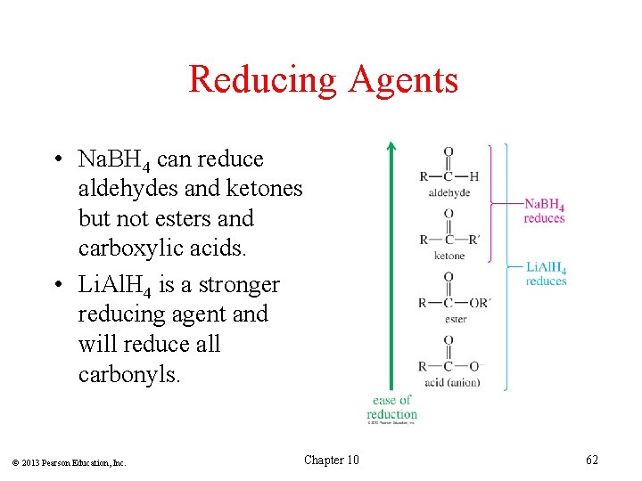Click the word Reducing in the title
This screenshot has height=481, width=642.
coord(263,79)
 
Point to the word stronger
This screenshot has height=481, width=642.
coord(236,285)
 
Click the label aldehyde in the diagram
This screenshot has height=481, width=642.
coord(449,192)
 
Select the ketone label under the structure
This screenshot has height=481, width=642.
coord(449,256)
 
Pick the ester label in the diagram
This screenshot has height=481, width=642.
coord(455,318)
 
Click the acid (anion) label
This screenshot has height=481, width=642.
coord(451,382)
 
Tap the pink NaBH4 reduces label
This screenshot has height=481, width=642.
coord(544,211)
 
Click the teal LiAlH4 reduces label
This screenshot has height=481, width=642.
coord(546,274)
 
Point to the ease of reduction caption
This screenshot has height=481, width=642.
coord(391,407)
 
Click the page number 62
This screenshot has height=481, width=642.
coord(592,460)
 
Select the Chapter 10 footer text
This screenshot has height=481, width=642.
coord(332,460)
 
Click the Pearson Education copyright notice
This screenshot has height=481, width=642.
coord(70,462)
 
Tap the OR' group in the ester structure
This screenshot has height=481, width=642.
coord(478,302)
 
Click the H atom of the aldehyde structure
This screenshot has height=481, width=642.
coord(474,175)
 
